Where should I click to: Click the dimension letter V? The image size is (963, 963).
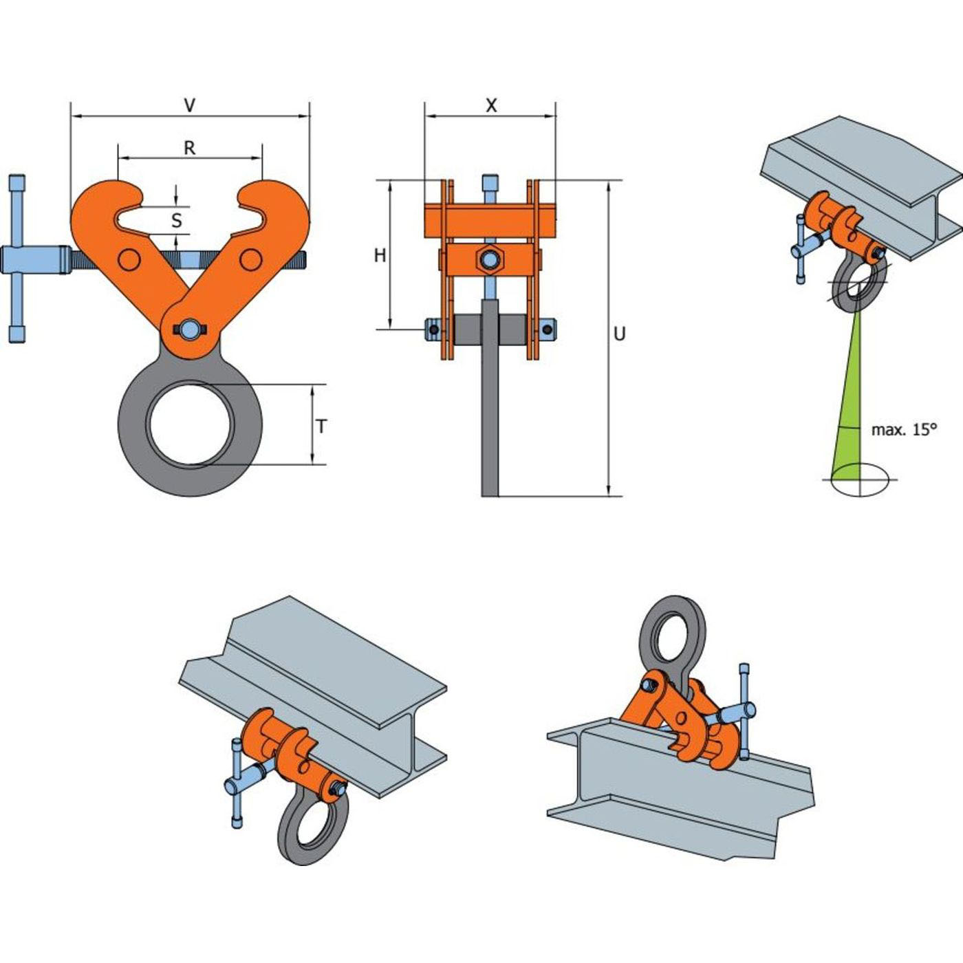[189, 105]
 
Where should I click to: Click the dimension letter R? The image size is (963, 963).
[189, 148]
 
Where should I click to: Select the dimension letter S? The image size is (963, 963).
[176, 220]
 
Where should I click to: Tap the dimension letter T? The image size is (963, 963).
[322, 426]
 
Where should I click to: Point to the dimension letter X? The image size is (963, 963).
[492, 105]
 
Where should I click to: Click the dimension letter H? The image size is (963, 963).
[380, 255]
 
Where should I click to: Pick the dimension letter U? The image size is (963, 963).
[619, 334]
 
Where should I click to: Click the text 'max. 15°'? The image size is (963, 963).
[904, 429]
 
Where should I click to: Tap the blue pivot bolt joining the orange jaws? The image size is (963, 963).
[189, 329]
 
